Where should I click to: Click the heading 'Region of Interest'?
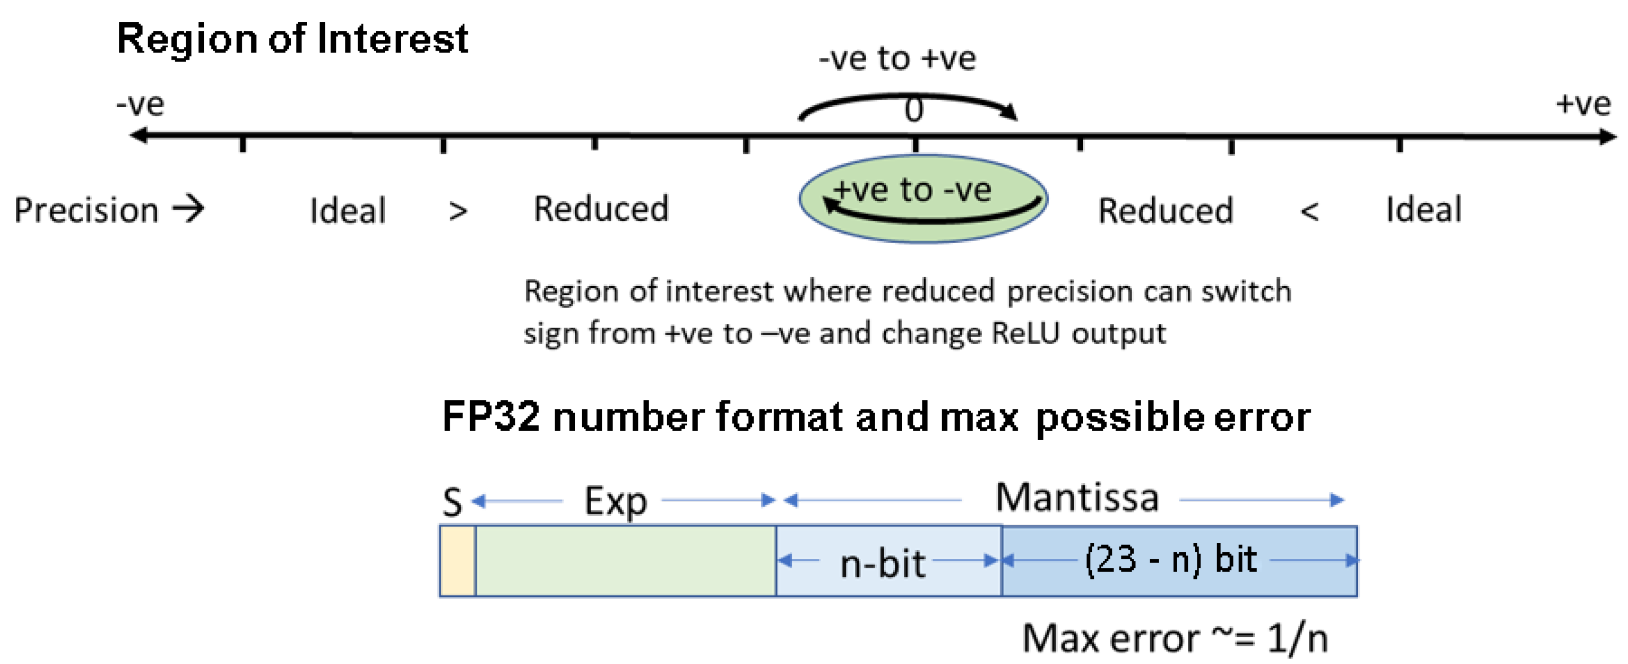(x=292, y=39)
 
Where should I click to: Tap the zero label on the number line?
(x=913, y=110)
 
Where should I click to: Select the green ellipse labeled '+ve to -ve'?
(x=922, y=198)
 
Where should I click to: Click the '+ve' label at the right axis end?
(x=1582, y=104)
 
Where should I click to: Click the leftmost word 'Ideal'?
(x=347, y=211)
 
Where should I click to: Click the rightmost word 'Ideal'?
(x=1423, y=209)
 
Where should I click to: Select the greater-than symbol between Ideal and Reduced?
(x=458, y=212)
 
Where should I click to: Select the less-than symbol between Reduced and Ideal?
(x=1309, y=212)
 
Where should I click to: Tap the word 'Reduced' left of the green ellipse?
(x=600, y=208)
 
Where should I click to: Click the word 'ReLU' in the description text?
(x=1024, y=333)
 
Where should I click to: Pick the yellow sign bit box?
(x=457, y=560)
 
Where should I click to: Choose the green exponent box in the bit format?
(x=625, y=560)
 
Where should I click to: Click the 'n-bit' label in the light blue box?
(x=882, y=563)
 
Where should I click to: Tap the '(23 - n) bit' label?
(x=1170, y=559)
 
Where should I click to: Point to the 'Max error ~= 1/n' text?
(x=1174, y=638)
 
